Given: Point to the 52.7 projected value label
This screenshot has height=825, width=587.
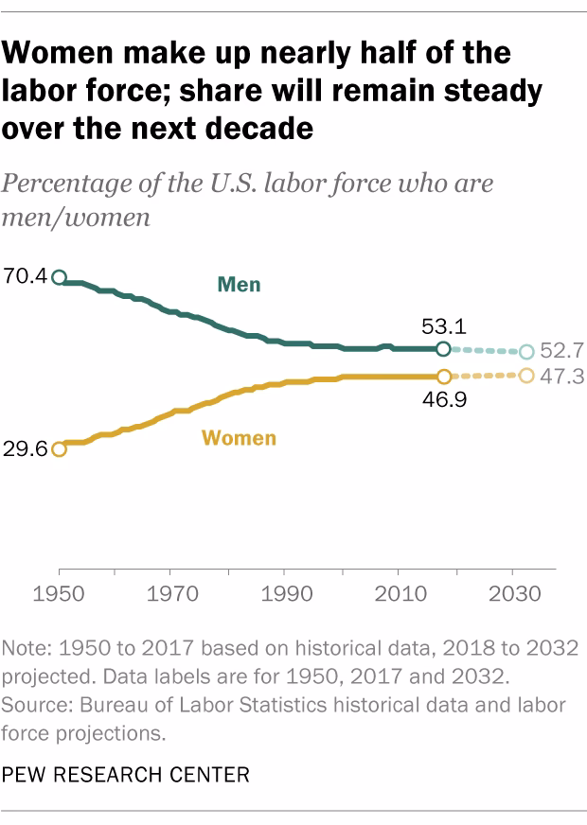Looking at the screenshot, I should click(x=560, y=352).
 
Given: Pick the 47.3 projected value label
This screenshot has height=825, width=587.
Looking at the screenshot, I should click(x=560, y=377).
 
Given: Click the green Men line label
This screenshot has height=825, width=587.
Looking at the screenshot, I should click(x=239, y=284).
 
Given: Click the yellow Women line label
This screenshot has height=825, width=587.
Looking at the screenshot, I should click(x=239, y=438).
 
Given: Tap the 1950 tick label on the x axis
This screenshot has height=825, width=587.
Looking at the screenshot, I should click(x=59, y=598).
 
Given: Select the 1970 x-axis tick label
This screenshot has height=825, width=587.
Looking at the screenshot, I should click(x=169, y=598).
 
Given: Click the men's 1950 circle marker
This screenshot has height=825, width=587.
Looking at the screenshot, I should click(x=59, y=277).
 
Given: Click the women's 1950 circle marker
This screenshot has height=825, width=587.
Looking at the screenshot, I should click(x=59, y=449).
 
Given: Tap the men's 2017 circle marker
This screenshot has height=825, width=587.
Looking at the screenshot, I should click(x=442, y=349).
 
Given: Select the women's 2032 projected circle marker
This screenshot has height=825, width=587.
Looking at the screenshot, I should click(x=526, y=376).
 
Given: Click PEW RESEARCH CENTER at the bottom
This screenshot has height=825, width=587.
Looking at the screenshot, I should click(x=126, y=775).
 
